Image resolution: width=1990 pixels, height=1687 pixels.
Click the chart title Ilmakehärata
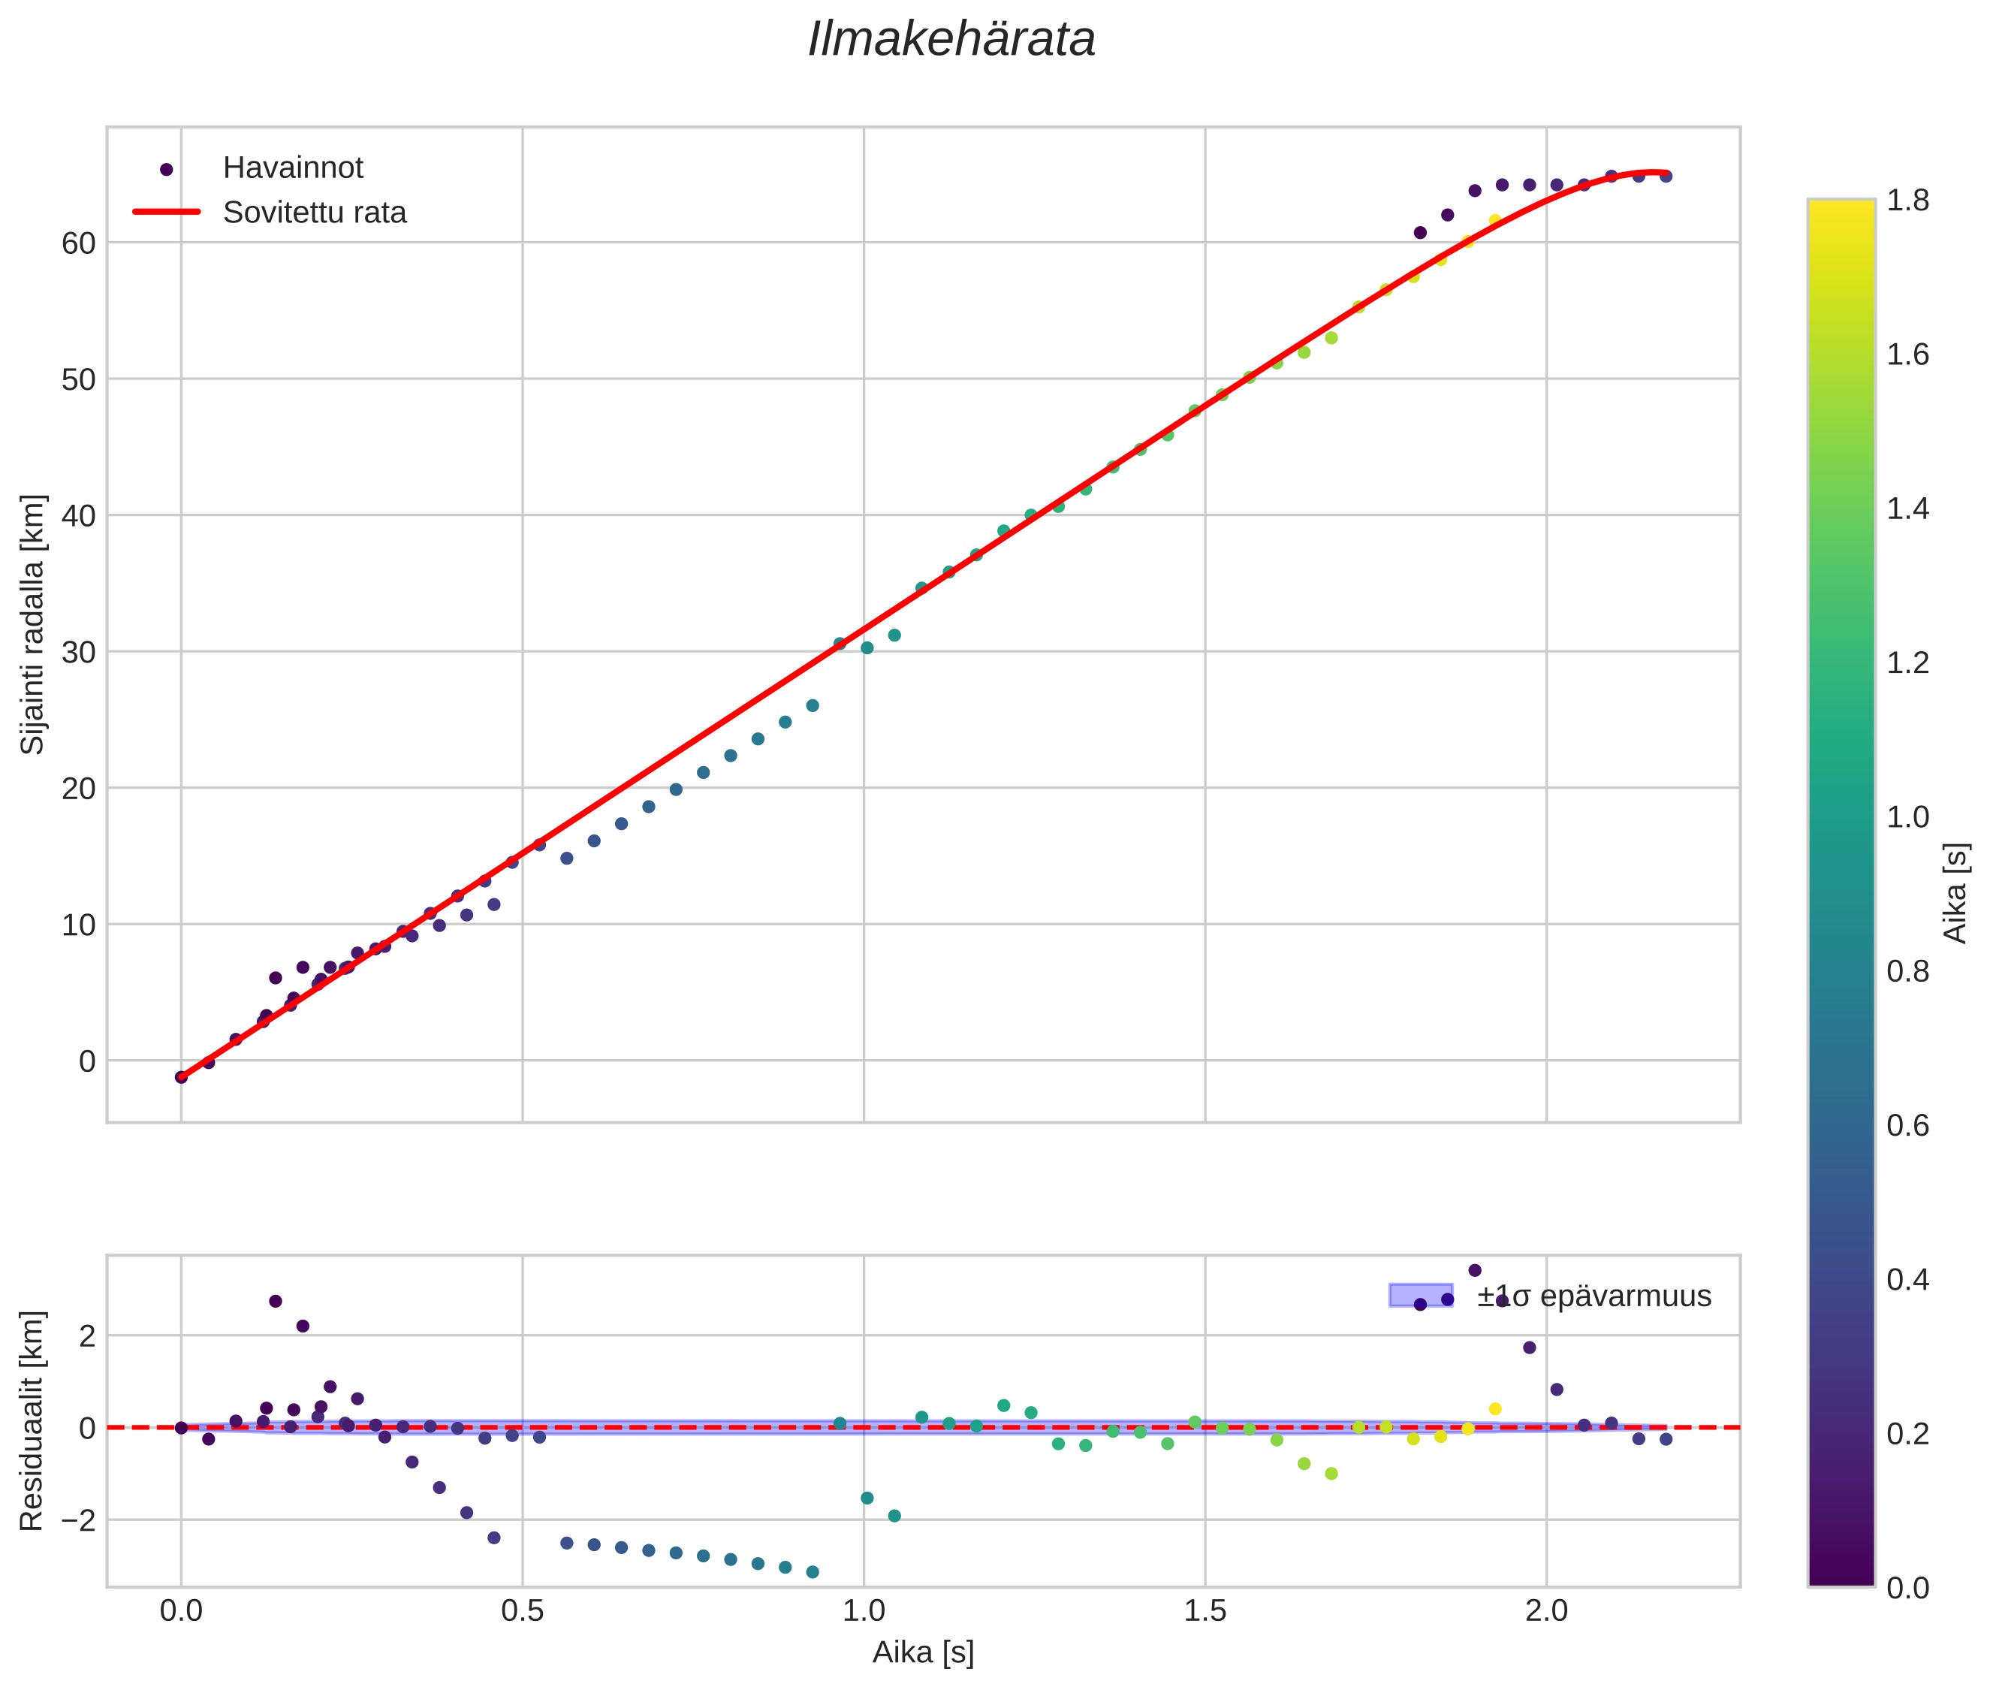pos(951,40)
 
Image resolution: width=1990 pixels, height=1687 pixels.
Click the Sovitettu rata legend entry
pos(314,213)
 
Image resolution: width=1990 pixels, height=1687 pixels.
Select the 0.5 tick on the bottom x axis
pos(522,1611)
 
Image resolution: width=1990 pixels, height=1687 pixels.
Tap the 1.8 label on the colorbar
pos(1907,201)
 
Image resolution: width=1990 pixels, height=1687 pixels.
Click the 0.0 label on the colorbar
pos(1907,1589)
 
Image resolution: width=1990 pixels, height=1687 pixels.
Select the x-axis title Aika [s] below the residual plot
pos(923,1652)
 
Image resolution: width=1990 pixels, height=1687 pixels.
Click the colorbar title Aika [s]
pos(1956,893)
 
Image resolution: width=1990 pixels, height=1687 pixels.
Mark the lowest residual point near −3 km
pos(812,1572)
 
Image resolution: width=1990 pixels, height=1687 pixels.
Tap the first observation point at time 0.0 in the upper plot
pos(181,1077)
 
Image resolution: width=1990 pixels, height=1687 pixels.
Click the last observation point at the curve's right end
pos(1665,176)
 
